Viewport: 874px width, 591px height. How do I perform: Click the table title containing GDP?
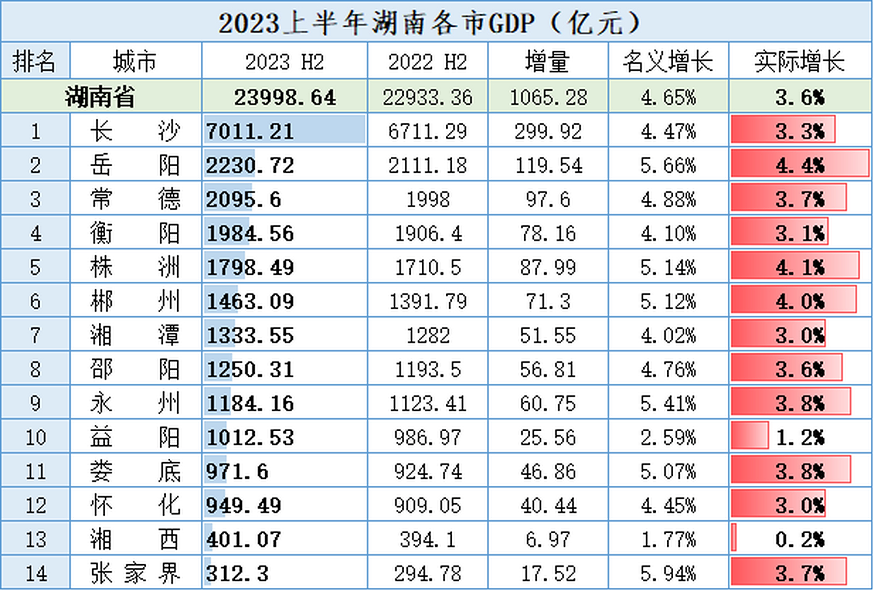(429, 23)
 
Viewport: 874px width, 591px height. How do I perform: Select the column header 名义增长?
(668, 61)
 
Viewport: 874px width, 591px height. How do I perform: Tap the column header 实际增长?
(800, 61)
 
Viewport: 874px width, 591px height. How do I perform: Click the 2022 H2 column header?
(427, 61)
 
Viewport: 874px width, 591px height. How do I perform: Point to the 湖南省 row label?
(100, 97)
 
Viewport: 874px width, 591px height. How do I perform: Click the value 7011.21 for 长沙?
(250, 131)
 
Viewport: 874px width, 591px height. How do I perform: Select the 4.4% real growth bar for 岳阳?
(800, 165)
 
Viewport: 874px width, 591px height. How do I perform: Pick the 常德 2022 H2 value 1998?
(427, 199)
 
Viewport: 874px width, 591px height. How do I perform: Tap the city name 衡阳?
(135, 233)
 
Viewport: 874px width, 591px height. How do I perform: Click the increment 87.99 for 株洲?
(548, 267)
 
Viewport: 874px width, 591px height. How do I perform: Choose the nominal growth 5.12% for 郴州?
(668, 301)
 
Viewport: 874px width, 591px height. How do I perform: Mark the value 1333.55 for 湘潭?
(250, 335)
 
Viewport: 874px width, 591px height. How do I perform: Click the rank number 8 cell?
(36, 369)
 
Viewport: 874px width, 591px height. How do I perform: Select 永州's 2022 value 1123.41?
(427, 403)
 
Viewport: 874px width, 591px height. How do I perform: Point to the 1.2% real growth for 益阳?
(800, 437)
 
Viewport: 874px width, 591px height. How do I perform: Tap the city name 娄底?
(135, 471)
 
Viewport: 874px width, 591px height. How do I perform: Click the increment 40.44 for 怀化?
(548, 505)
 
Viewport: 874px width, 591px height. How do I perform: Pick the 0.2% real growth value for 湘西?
(800, 539)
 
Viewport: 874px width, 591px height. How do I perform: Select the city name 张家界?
(135, 573)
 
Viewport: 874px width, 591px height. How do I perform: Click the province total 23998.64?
(285, 97)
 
